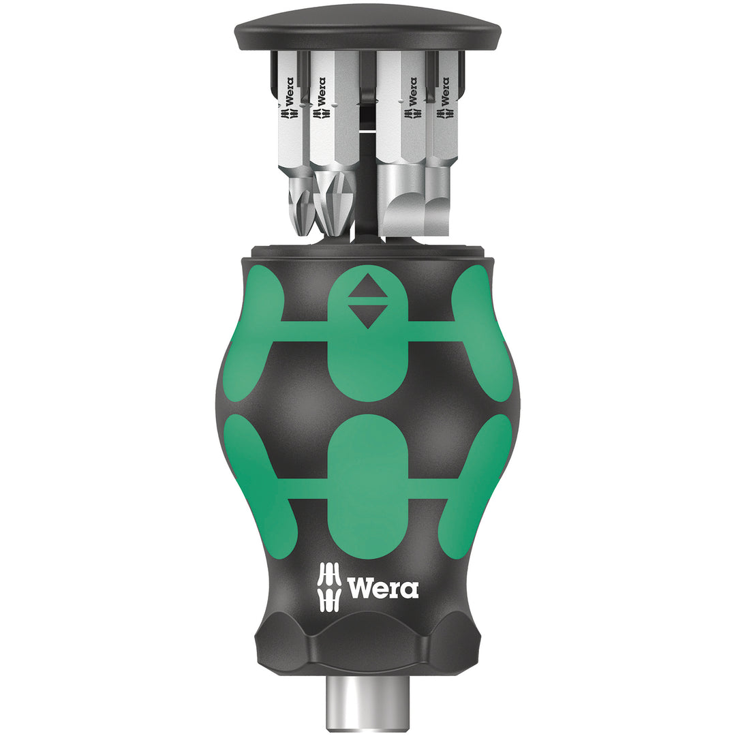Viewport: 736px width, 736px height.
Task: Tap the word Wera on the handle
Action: [x=383, y=587]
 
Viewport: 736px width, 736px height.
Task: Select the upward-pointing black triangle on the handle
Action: [x=367, y=289]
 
